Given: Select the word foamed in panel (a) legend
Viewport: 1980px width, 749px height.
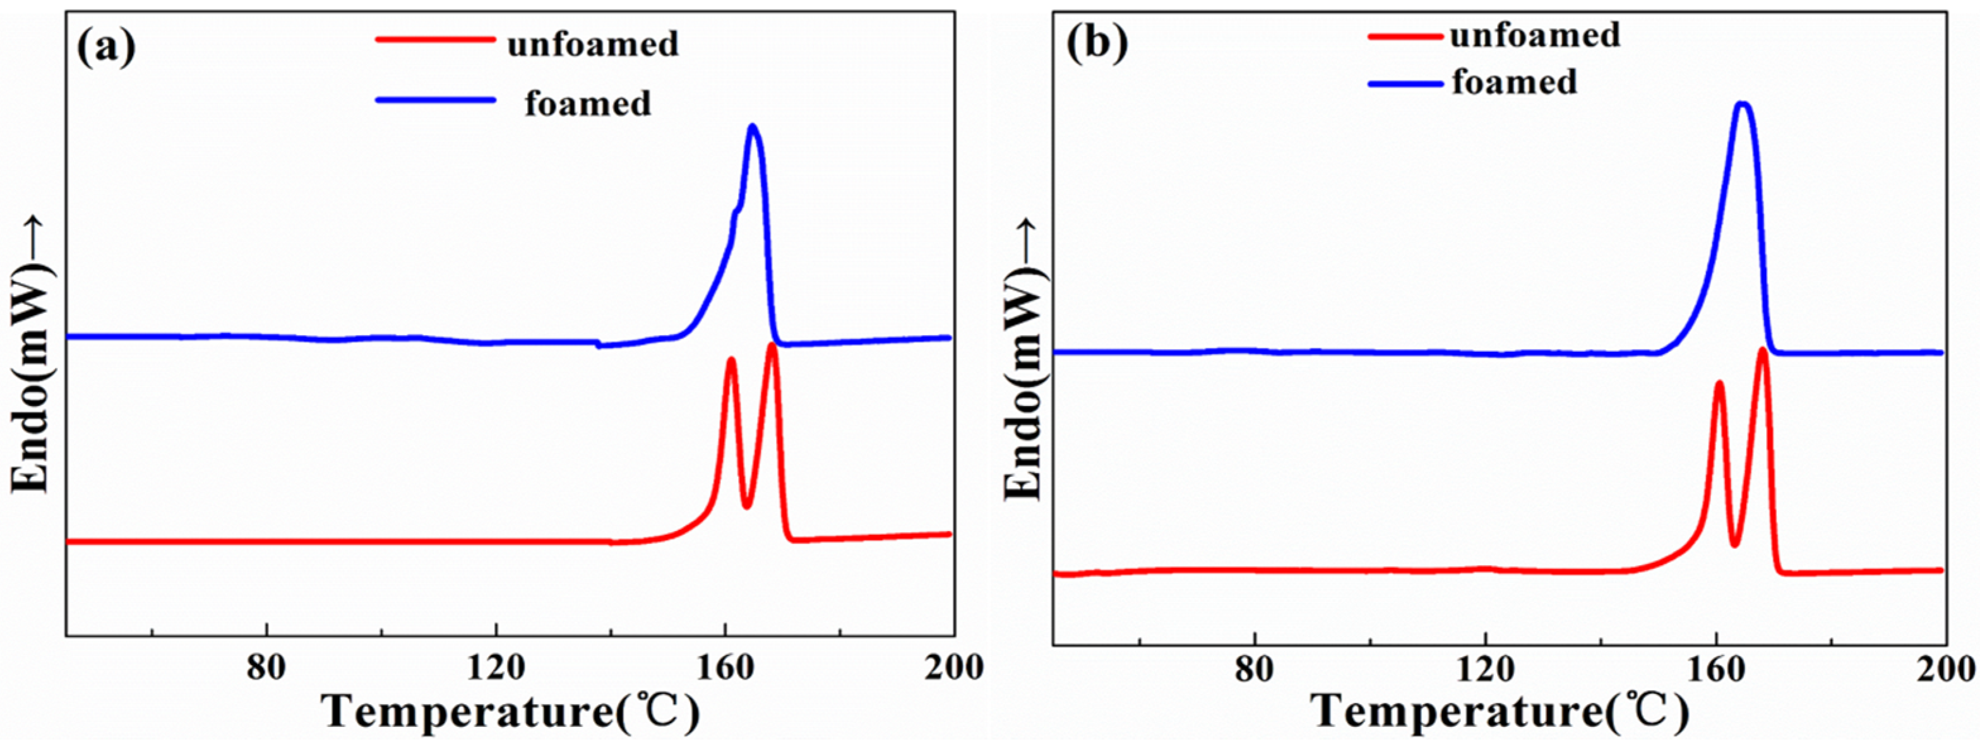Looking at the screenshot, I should pyautogui.click(x=588, y=103).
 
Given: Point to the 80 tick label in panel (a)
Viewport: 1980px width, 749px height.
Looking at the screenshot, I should pyautogui.click(x=266, y=668).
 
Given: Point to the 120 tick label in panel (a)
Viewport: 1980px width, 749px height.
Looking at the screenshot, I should pyautogui.click(x=496, y=668).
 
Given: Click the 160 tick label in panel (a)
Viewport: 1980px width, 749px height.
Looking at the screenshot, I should pyautogui.click(x=725, y=668).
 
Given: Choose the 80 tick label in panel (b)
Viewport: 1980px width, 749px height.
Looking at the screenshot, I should pyautogui.click(x=1255, y=669).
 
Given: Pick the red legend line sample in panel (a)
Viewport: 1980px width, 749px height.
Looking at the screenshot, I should pyautogui.click(x=435, y=39).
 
